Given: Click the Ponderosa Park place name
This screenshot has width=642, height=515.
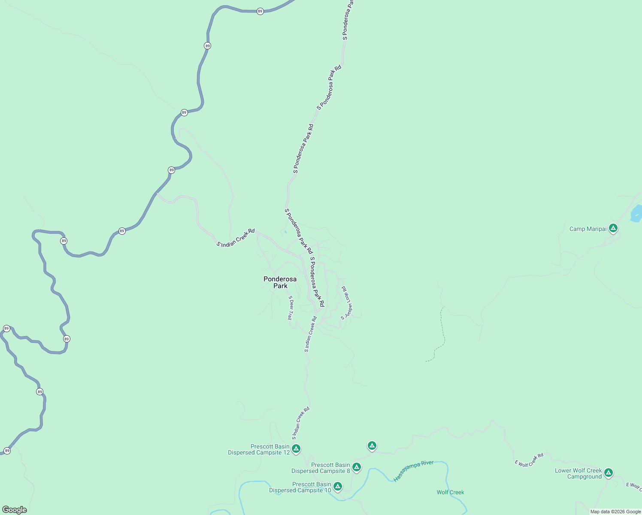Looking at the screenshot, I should click(x=280, y=282).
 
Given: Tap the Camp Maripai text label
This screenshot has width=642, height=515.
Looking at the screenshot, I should click(x=587, y=229).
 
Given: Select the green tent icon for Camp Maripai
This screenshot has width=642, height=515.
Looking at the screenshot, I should click(x=613, y=228).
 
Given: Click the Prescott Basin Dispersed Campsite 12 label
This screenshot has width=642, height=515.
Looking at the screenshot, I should click(x=259, y=450).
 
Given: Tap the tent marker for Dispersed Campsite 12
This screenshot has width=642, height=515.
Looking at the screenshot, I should click(x=296, y=449).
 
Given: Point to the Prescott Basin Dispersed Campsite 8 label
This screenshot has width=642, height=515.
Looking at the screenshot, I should click(x=321, y=468).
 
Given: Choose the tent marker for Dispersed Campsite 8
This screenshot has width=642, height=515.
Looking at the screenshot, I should click(x=356, y=467).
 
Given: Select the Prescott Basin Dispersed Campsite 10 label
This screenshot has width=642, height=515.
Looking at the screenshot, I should click(x=300, y=488).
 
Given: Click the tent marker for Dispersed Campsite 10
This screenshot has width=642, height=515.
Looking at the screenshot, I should click(x=338, y=486).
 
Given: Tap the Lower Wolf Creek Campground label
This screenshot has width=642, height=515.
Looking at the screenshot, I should click(x=578, y=474).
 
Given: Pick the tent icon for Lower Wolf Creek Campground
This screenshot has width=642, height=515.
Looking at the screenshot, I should click(x=608, y=473).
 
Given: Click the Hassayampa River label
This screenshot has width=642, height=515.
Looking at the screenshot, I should click(x=414, y=471).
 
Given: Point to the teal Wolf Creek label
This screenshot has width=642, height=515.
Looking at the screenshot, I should click(x=450, y=492).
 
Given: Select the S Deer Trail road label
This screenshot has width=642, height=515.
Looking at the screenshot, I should click(x=291, y=308).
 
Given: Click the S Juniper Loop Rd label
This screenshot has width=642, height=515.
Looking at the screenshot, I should click(x=347, y=303).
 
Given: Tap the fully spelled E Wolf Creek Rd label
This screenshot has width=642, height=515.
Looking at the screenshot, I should click(x=529, y=460).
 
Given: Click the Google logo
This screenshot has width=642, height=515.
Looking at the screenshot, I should click(x=15, y=510).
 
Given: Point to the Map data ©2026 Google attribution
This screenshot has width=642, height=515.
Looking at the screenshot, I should click(x=615, y=512).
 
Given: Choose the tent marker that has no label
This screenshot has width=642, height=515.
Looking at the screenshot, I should click(x=372, y=446).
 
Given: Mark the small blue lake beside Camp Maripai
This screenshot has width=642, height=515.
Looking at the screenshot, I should click(x=636, y=214).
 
